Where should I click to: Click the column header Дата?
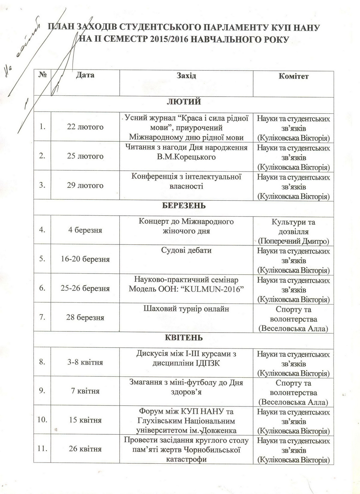point(85,75)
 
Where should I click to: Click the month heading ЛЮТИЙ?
point(184,102)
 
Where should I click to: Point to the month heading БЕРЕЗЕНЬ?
point(184,206)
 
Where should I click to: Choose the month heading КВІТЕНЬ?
point(184,337)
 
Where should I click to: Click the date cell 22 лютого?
point(85,127)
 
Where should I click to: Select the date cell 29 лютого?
point(85,185)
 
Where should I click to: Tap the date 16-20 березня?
point(85,259)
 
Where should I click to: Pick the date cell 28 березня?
point(85,317)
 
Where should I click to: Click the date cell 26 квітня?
point(85,449)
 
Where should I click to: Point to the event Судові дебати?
point(186,250)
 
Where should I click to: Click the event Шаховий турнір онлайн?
point(186,309)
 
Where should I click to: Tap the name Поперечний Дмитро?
point(294,241)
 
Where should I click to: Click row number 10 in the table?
point(42,420)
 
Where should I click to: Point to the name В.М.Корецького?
point(186,157)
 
